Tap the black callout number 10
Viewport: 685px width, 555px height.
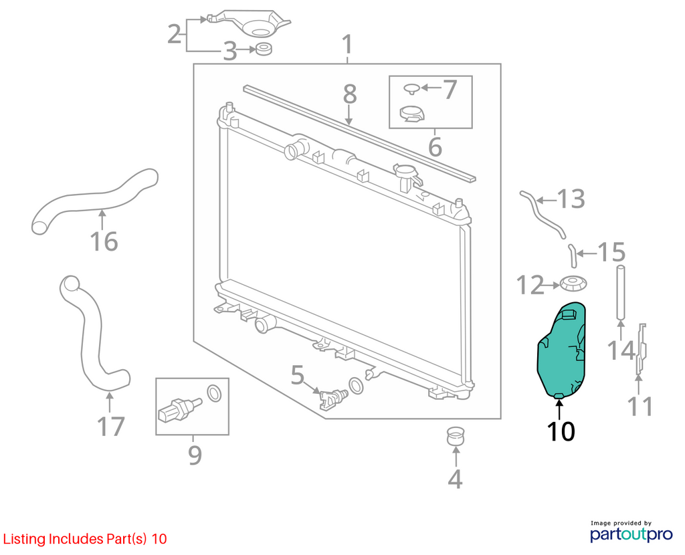click(561, 431)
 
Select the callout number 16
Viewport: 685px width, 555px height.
click(104, 241)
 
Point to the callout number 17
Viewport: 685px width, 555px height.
click(111, 427)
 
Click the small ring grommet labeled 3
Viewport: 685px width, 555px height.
click(264, 49)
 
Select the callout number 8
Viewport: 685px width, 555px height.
click(349, 94)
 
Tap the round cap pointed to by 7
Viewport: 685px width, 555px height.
click(411, 88)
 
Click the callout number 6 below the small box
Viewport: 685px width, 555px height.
click(435, 147)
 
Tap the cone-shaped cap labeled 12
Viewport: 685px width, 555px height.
click(573, 285)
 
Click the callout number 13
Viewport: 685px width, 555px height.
click(571, 199)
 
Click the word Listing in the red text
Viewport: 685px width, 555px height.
click(24, 539)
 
